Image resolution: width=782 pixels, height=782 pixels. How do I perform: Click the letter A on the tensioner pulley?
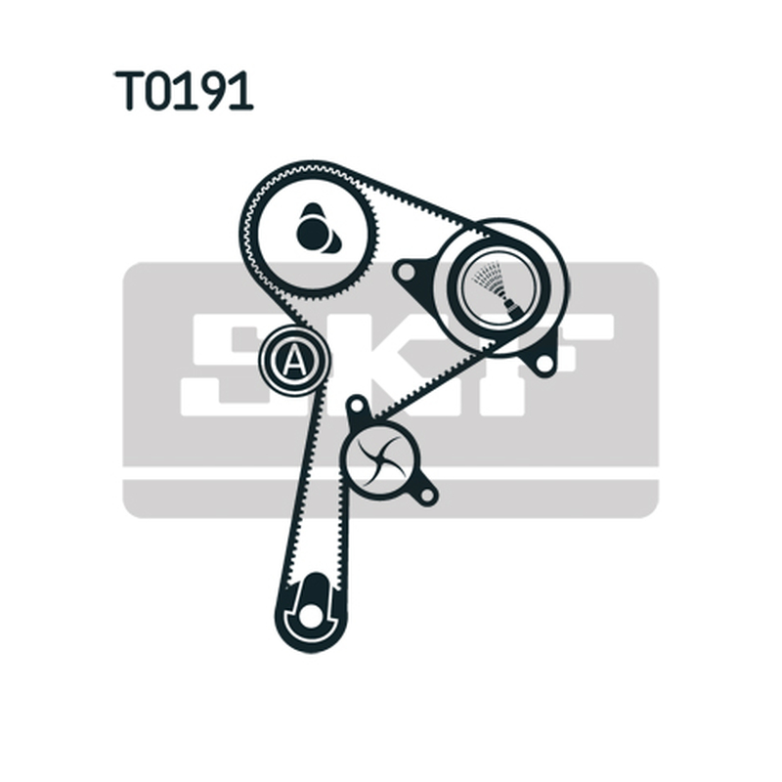[294, 360]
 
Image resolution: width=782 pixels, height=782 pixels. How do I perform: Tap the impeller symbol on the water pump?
[379, 459]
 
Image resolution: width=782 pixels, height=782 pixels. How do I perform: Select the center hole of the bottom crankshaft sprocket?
[310, 615]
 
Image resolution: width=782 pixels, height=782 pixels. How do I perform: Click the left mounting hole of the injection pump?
[405, 273]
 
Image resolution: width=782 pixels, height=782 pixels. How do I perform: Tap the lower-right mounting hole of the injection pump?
[543, 364]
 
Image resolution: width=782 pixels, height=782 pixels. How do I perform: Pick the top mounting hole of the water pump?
[356, 407]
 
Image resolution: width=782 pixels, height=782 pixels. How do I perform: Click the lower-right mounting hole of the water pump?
[427, 495]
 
